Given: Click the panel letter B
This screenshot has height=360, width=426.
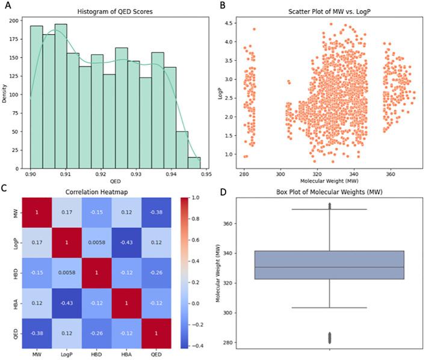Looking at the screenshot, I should [x=222, y=6].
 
